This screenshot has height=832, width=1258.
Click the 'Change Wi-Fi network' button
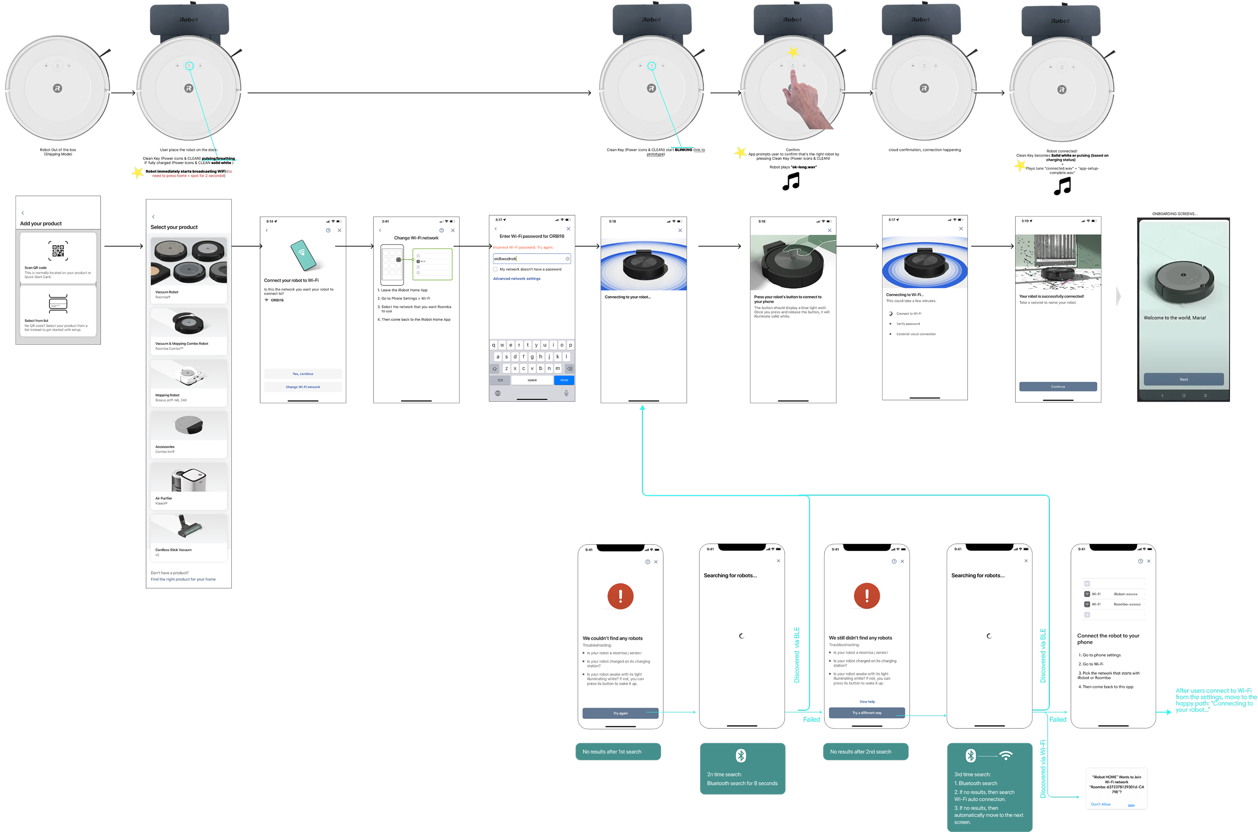pos(303,387)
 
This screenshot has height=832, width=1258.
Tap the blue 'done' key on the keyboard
pos(563,380)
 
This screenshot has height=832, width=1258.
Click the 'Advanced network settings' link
pos(516,278)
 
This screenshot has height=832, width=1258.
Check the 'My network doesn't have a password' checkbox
pos(496,269)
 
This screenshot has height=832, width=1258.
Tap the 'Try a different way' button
pos(867,712)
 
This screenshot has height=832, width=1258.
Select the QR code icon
pos(58,251)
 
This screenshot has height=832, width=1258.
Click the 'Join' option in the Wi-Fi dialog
pos(1131,805)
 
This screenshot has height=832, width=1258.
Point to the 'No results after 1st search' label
pos(618,751)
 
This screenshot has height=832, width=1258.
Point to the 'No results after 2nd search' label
pos(865,751)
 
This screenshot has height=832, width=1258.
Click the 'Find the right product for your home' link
pos(183,579)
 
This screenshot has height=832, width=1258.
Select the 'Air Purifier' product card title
pos(163,498)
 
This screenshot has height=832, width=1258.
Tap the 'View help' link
pos(867,701)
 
